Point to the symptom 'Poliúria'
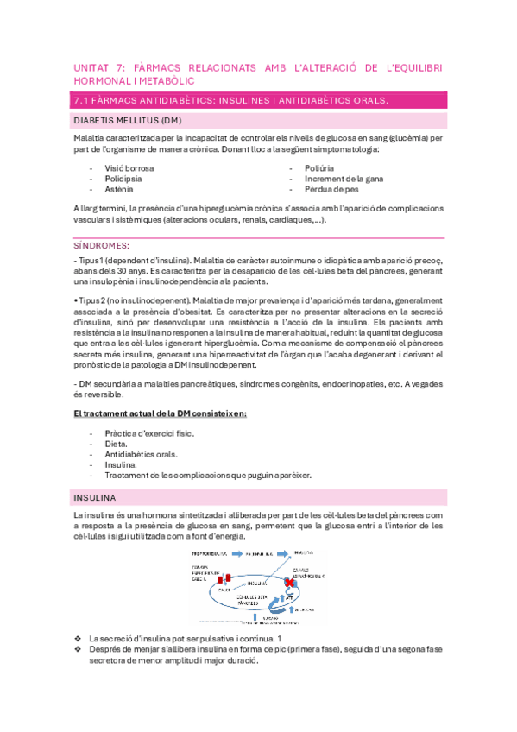click(x=319, y=167)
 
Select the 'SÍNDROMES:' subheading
click(x=101, y=245)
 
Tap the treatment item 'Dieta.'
click(x=117, y=443)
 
